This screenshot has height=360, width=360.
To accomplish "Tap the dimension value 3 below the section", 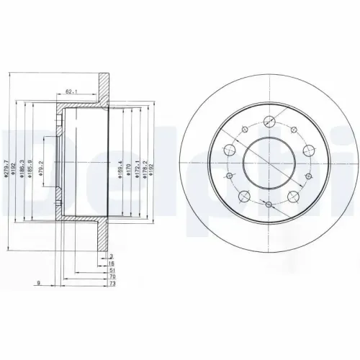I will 110,257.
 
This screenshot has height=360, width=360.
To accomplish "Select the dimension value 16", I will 111,265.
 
